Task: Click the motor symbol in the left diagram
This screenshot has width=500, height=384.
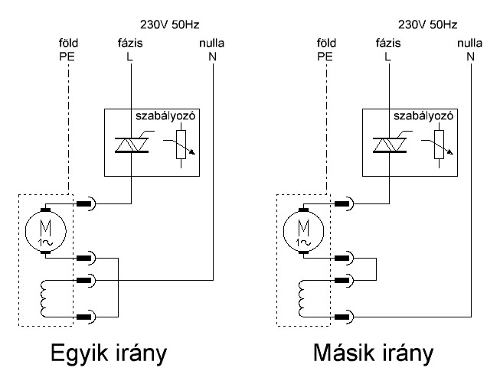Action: [46, 231]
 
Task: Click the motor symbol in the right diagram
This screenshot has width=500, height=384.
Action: [303, 231]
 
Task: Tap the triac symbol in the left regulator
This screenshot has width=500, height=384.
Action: [132, 145]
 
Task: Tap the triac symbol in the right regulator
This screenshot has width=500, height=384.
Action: [390, 145]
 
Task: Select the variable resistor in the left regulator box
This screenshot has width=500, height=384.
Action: [181, 145]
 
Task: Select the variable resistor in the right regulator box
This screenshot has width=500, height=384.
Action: [439, 145]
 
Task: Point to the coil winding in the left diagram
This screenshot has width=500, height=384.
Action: [44, 298]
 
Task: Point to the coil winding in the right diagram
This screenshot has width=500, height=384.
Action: [302, 298]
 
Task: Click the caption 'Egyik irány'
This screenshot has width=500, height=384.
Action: [109, 353]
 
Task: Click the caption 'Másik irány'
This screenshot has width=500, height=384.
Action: [373, 353]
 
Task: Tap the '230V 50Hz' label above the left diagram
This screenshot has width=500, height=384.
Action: [170, 24]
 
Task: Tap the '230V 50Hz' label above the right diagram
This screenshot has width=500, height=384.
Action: [427, 24]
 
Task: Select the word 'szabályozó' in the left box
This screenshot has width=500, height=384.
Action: [165, 116]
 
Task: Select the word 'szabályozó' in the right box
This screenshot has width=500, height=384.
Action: [423, 116]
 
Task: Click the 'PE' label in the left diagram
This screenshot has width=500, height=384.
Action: [67, 57]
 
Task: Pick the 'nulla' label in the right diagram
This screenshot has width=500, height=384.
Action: [469, 43]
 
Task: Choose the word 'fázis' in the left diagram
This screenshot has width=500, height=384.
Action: [130, 43]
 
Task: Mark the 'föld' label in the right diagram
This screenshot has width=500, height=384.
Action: [326, 43]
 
